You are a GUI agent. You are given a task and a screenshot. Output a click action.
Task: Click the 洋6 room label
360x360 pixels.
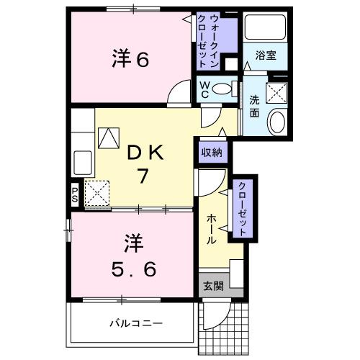(130, 58)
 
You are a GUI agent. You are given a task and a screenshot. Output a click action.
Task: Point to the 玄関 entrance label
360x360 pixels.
(212, 285)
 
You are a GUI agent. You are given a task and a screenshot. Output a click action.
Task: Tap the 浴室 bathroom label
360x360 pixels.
(265, 55)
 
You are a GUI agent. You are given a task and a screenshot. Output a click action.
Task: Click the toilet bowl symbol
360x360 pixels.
(225, 89)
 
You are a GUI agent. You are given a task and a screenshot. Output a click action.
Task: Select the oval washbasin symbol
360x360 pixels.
(276, 122)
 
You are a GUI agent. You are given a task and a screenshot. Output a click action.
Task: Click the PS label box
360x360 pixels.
(75, 193)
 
